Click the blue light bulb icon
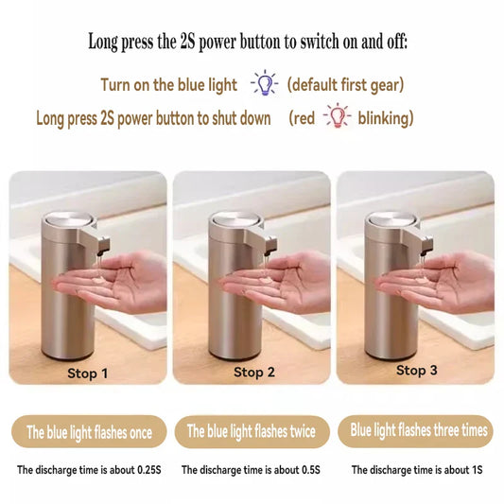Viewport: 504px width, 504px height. click(x=263, y=84)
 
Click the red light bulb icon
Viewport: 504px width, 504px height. click(x=337, y=117)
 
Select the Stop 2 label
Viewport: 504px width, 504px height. click(x=254, y=373)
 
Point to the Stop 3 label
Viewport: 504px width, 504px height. click(x=416, y=371)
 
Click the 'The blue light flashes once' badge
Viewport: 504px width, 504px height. click(x=88, y=432)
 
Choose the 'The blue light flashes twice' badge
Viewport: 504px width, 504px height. click(x=251, y=431)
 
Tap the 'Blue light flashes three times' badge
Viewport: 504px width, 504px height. click(x=419, y=430)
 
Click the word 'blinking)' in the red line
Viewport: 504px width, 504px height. click(x=384, y=118)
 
